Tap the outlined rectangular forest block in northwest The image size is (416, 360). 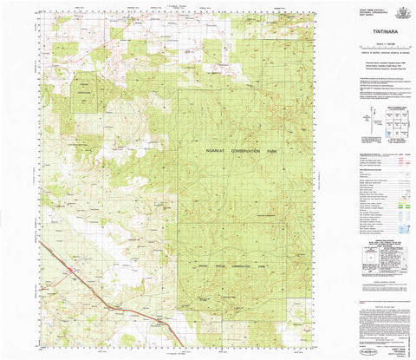point(84,96)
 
